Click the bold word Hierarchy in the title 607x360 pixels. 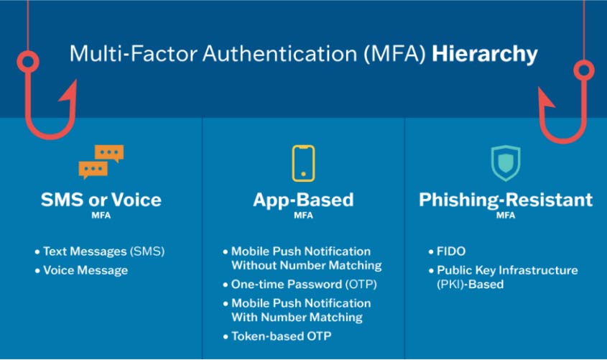click(x=485, y=54)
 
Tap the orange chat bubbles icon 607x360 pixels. click(x=101, y=162)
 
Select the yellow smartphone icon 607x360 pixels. click(x=303, y=163)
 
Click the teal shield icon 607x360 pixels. click(x=506, y=163)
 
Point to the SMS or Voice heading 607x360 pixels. click(x=101, y=200)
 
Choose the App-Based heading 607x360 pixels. click(x=303, y=200)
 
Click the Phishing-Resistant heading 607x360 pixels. click(x=506, y=200)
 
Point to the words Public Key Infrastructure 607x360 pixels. click(x=508, y=270)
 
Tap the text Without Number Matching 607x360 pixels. click(x=307, y=265)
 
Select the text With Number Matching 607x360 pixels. click(x=297, y=318)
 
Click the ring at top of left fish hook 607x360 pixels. click(x=28, y=62)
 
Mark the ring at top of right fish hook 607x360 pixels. click(x=584, y=70)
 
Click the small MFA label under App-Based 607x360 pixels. click(x=303, y=216)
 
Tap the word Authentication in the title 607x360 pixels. click(x=280, y=53)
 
